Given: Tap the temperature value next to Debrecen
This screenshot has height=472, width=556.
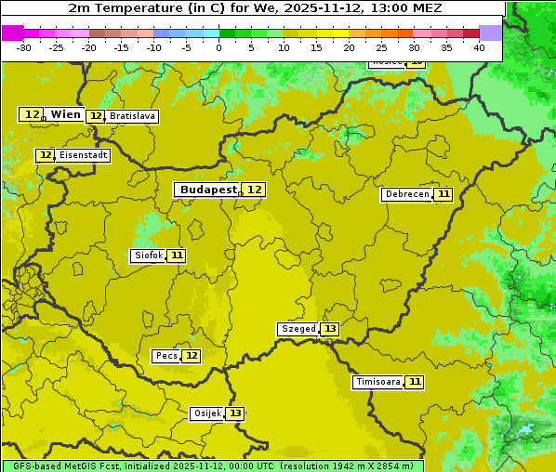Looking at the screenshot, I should click(x=443, y=194).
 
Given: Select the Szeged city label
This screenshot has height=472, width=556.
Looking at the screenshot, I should click(x=298, y=329).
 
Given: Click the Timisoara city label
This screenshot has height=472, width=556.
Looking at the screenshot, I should click(x=378, y=382).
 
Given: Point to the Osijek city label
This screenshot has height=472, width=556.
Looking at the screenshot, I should click(x=206, y=413).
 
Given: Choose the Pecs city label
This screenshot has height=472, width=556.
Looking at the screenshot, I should click(x=166, y=356).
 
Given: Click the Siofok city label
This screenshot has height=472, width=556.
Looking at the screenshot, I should click(x=148, y=256).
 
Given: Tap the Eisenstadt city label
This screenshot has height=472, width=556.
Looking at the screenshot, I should click(x=83, y=155).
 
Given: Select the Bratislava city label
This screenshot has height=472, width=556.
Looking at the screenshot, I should click(x=131, y=116).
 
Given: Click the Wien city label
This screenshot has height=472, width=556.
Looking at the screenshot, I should click(x=65, y=114).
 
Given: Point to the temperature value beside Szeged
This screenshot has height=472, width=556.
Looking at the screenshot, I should click(x=330, y=329).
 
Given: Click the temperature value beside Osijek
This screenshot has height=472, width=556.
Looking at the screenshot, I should click(x=235, y=413).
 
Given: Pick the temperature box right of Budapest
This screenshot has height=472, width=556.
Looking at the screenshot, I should click(x=254, y=190).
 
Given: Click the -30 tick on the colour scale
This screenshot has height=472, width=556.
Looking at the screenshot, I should click(x=24, y=47).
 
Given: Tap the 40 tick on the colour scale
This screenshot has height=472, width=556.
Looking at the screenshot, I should click(x=479, y=47).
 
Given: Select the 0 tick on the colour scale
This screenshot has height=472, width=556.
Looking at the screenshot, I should click(x=219, y=47).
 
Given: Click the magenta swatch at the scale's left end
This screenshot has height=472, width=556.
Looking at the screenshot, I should click(x=13, y=33).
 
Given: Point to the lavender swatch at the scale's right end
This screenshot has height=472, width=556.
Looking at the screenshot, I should click(x=491, y=33).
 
